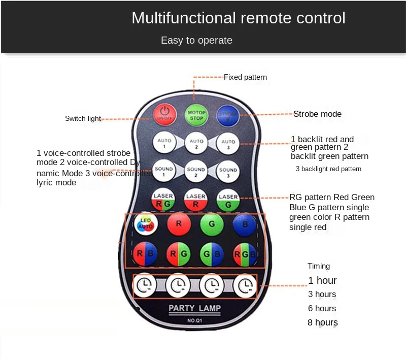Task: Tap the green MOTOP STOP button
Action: (x=196, y=114)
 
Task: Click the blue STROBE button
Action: (x=227, y=114)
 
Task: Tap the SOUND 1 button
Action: (x=163, y=171)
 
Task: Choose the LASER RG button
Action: (x=163, y=200)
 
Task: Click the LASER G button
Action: (x=228, y=200)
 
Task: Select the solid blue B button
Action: (x=245, y=223)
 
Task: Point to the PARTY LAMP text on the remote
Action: (x=195, y=308)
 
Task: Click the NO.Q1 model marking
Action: (x=195, y=320)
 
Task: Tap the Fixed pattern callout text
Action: (x=245, y=77)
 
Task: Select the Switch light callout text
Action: (x=83, y=119)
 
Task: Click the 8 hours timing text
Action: (x=322, y=322)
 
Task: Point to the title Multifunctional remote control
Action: (x=238, y=18)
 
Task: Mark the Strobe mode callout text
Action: (x=317, y=114)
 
